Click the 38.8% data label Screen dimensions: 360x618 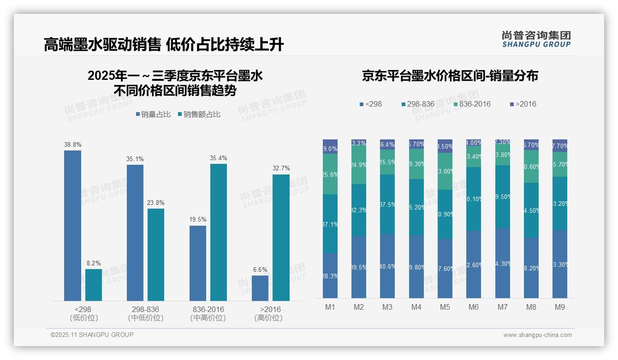pos(72,144)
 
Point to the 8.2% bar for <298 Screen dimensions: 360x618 pos(94,285)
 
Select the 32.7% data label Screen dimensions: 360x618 pos(281,168)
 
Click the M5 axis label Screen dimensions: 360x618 pos(445,307)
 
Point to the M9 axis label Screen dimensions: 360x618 pos(559,307)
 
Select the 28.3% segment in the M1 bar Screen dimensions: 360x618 pos(330,276)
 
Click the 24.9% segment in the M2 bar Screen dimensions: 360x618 pos(359,165)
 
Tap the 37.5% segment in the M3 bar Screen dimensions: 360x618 pos(387,204)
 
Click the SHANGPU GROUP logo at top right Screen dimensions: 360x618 pos(536,39)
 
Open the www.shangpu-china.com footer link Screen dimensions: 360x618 pos(537,335)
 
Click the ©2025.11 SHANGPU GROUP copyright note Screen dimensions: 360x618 pos(92,335)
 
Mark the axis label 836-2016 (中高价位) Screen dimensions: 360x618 pos(208,313)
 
